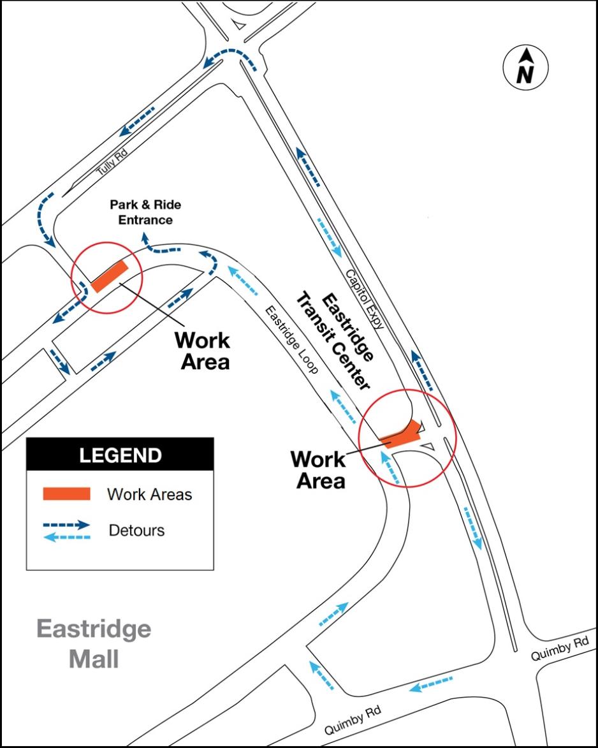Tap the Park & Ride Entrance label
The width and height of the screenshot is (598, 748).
point(145,212)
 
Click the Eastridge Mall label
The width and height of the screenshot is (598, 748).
point(94,643)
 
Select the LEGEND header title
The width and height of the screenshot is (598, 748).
point(120,456)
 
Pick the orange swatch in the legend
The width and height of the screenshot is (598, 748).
point(67,494)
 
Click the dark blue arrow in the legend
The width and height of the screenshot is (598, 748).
point(67,525)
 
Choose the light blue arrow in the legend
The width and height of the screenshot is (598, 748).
point(67,537)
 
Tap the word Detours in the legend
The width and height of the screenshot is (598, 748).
point(136,531)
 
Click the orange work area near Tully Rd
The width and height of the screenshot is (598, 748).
point(111,277)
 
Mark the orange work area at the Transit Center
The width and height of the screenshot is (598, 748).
point(402,436)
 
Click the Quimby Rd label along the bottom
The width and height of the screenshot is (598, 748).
point(353,720)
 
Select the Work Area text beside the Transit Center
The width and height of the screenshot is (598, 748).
point(318,469)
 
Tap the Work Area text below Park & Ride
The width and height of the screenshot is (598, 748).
point(203,350)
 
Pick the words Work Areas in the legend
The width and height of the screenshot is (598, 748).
point(149,494)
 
